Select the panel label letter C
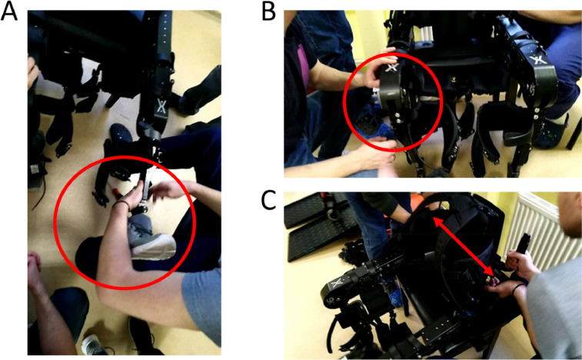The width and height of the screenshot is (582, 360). [269, 202]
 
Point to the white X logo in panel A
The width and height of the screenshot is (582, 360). [161, 106]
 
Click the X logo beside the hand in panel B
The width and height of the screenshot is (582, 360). [392, 67]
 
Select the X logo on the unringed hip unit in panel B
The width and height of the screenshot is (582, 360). [536, 60]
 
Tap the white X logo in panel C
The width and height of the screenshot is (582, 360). [336, 285]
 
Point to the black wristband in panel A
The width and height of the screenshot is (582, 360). [121, 204]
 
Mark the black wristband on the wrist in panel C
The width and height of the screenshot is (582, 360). [517, 288]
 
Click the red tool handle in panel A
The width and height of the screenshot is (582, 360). [116, 192]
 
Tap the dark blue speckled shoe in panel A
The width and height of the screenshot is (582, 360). [121, 134]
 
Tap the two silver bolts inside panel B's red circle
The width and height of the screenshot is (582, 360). [397, 118]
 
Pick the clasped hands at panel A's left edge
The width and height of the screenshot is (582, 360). [34, 265]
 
